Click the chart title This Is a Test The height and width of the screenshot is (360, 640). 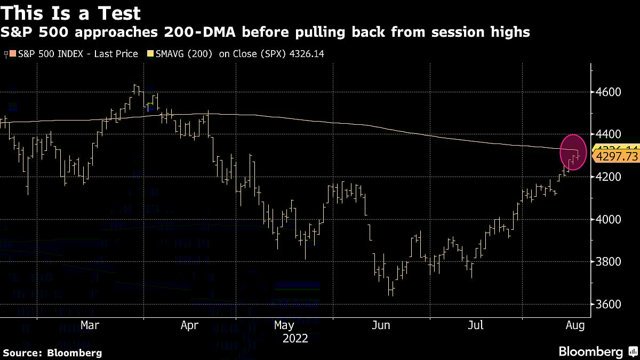point(71,13)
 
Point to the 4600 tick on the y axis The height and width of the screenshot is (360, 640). point(609,92)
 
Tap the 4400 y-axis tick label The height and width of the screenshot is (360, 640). point(609,134)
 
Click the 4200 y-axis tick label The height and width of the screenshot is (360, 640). point(609,177)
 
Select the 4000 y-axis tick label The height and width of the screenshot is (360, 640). point(609,219)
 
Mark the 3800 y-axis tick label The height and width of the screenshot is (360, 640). point(609,262)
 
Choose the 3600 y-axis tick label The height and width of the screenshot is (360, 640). point(609,305)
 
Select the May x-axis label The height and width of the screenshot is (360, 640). point(284,325)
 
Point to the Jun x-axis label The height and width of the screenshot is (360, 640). point(382,325)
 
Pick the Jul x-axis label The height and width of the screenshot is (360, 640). point(476,325)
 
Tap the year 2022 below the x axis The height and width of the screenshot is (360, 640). point(295,338)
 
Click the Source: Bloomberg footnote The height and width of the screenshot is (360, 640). point(52,353)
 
